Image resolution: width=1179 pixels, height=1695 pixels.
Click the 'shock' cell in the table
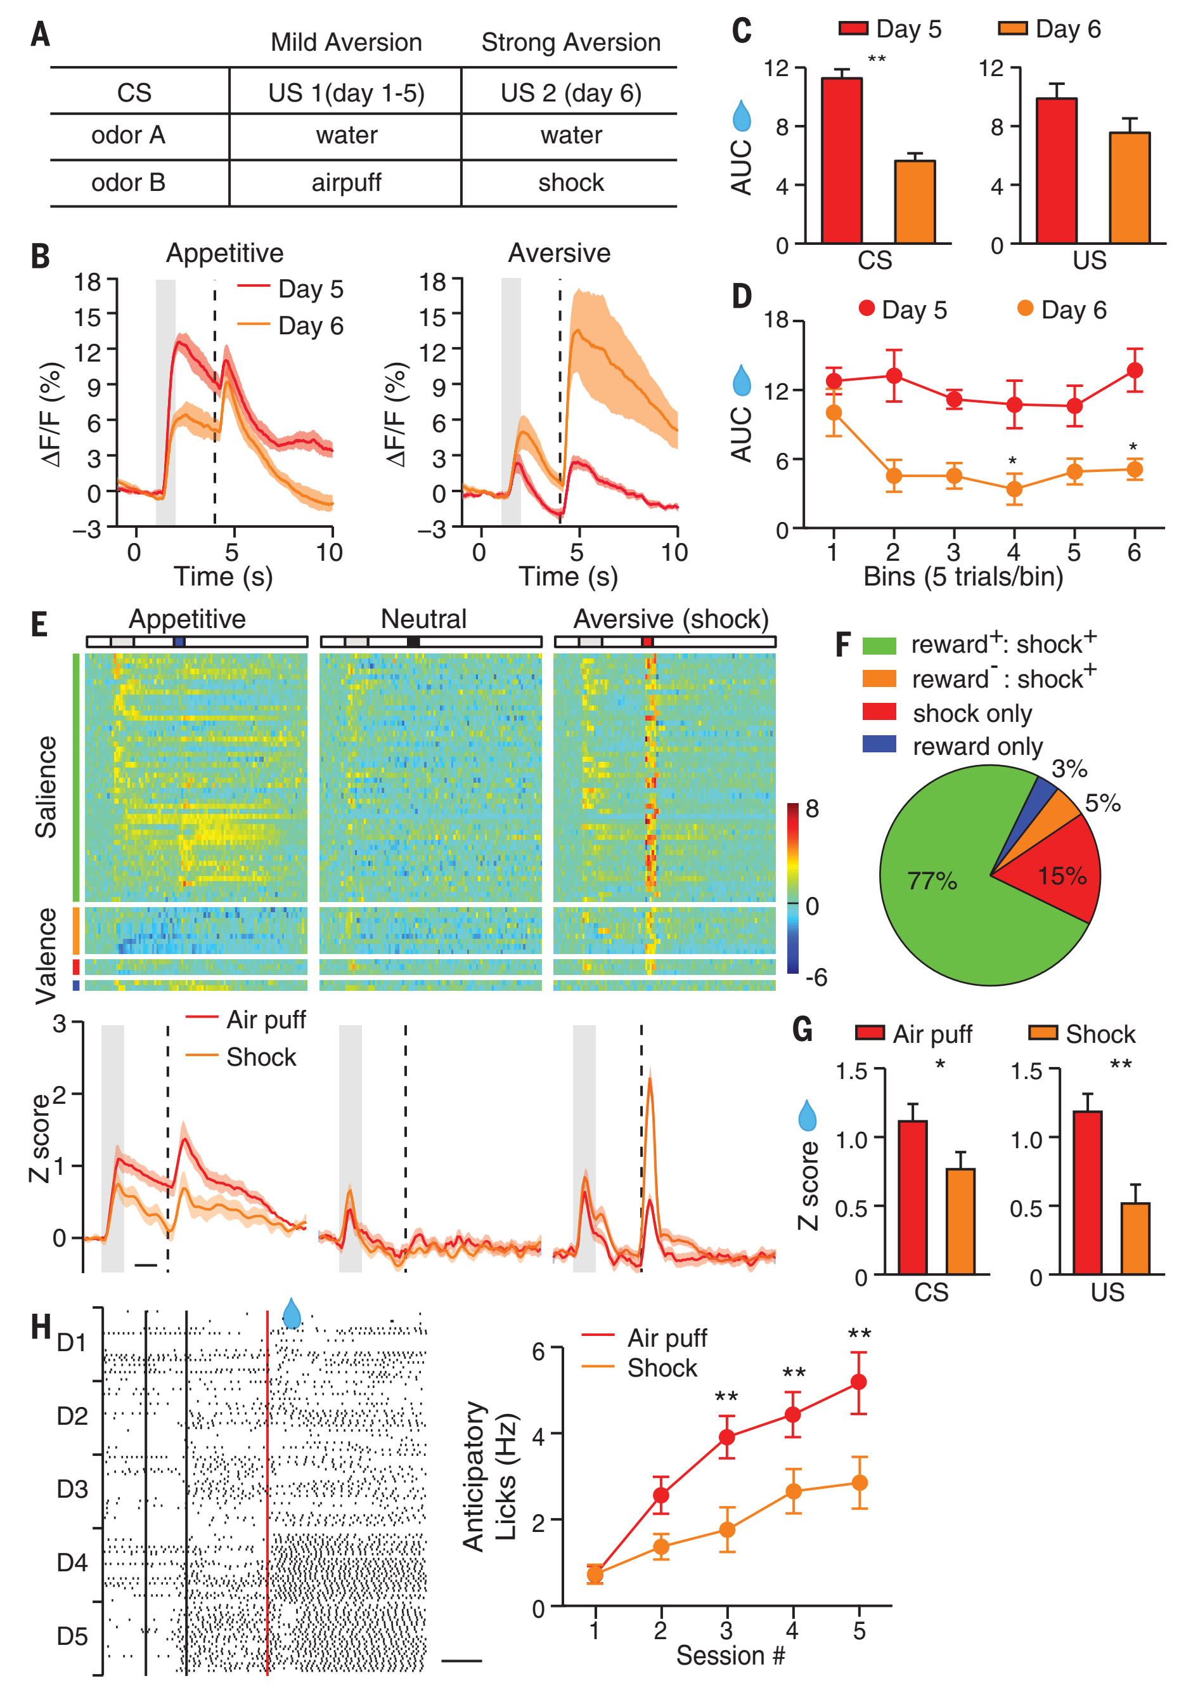(570, 182)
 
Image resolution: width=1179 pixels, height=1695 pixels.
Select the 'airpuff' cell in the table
(346, 182)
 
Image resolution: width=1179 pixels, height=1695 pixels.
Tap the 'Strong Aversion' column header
(570, 42)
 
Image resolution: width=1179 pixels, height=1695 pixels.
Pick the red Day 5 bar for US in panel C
(1056, 171)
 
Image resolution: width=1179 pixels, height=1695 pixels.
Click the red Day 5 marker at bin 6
(1135, 370)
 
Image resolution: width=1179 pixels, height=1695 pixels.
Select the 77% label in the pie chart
(932, 880)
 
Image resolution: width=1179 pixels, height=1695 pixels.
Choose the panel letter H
(41, 1326)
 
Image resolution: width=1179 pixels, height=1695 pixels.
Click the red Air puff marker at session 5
(859, 1381)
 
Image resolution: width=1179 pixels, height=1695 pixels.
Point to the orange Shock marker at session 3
(726, 1529)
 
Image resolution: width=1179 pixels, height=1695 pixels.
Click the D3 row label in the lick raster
(72, 1489)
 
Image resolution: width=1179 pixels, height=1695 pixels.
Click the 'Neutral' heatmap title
(423, 618)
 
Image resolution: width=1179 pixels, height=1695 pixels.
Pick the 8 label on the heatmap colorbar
(811, 808)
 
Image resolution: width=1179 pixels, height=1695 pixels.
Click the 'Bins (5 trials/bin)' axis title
(963, 576)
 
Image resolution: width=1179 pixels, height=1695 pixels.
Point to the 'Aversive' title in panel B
(559, 253)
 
